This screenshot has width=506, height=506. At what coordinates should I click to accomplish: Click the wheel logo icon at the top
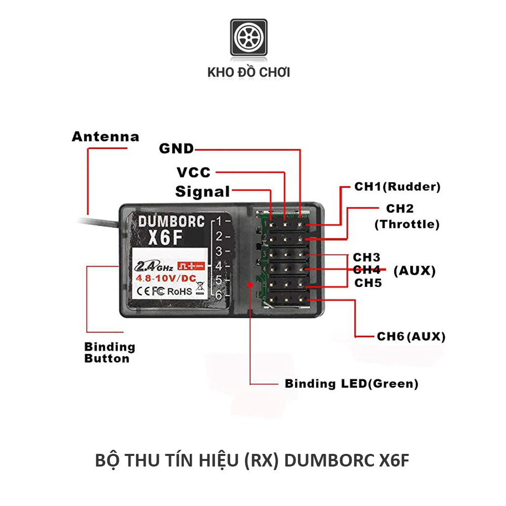coord(249,37)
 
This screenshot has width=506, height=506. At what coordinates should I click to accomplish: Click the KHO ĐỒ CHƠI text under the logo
coord(249,72)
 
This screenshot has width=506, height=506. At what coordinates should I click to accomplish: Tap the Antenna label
coord(105,137)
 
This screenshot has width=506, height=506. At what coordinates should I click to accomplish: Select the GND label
coord(176,149)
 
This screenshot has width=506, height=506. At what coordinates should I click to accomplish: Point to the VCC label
coord(193,173)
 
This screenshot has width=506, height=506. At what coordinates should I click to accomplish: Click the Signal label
coord(202,192)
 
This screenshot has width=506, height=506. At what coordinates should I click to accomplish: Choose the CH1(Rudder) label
coord(397,187)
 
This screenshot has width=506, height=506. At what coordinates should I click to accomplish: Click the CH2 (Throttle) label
coord(406,217)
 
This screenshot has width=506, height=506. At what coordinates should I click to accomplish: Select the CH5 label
coord(367,283)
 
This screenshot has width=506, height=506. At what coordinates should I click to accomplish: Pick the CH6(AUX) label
coord(411,336)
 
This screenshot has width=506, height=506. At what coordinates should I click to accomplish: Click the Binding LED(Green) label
coord(352,384)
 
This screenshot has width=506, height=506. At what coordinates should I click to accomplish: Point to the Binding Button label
coord(110,353)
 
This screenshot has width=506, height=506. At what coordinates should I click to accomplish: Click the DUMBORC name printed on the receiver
coord(171,221)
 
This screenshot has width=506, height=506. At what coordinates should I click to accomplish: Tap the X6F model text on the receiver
coord(164,238)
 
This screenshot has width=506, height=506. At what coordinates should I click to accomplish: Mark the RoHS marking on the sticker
coord(180,291)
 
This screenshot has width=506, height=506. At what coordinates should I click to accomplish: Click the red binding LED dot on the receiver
coord(250,285)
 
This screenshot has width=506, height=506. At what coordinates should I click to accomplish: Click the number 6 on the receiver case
coord(219,295)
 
